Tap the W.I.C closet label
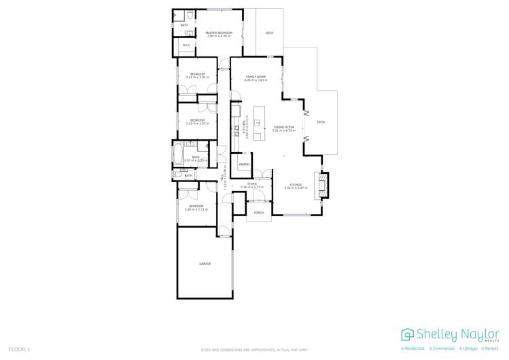tap(186, 46)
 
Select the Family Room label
tap(256, 77)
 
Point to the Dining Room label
tap(283, 127)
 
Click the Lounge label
tap(296, 184)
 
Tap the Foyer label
tap(251, 183)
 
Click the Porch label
tap(258, 213)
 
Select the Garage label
tap(205, 263)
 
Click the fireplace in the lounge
tap(321, 184)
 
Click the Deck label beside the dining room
tap(321, 122)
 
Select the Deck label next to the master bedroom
tap(269, 33)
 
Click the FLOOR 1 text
tap(19, 349)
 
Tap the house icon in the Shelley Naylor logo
tap(408, 334)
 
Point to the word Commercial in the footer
tap(444, 348)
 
